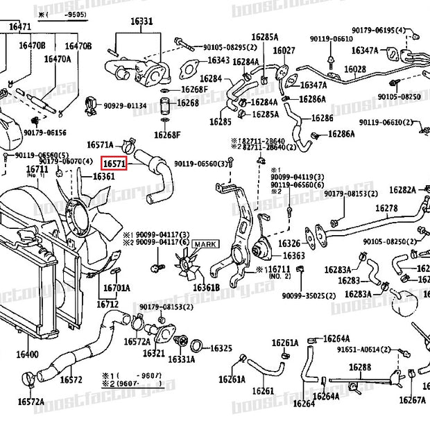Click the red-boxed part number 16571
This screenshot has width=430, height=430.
point(114,164)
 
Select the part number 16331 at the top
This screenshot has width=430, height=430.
point(142,22)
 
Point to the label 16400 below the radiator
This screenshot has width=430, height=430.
point(28,355)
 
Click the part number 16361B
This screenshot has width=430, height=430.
point(206,287)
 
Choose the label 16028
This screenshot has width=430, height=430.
point(355,69)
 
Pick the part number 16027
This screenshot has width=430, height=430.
point(284,51)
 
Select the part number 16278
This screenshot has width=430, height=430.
point(386,208)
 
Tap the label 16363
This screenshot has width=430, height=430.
point(292,257)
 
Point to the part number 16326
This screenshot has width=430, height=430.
point(289,243)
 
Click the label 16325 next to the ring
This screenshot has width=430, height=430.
point(221,348)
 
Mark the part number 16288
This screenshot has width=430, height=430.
point(360,367)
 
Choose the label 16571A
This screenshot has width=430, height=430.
point(100,145)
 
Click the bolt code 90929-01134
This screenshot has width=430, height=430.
point(126,106)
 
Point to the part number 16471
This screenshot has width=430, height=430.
point(20,26)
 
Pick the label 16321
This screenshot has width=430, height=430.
point(154,353)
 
